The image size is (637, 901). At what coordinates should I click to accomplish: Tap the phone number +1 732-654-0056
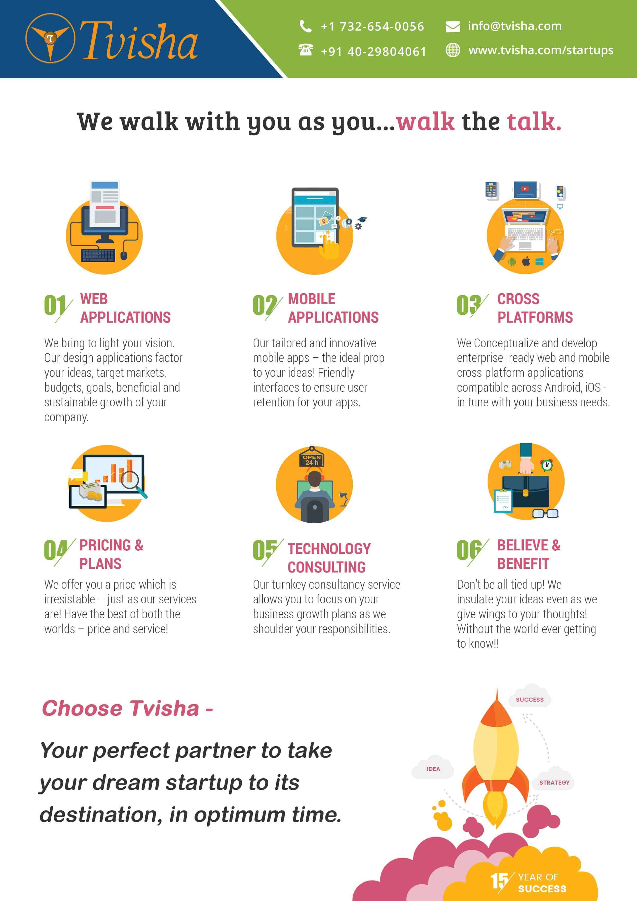click(x=372, y=26)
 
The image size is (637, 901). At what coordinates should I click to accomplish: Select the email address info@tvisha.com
click(x=514, y=26)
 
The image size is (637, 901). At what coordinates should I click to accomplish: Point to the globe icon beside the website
click(x=453, y=50)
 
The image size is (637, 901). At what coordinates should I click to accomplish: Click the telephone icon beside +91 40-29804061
click(x=305, y=50)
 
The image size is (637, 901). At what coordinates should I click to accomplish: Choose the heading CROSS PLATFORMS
click(x=535, y=308)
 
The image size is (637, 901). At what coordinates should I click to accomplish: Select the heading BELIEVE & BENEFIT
click(x=529, y=554)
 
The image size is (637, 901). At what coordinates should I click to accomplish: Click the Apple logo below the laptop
click(x=526, y=261)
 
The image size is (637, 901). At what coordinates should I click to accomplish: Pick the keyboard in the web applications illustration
click(x=98, y=256)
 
